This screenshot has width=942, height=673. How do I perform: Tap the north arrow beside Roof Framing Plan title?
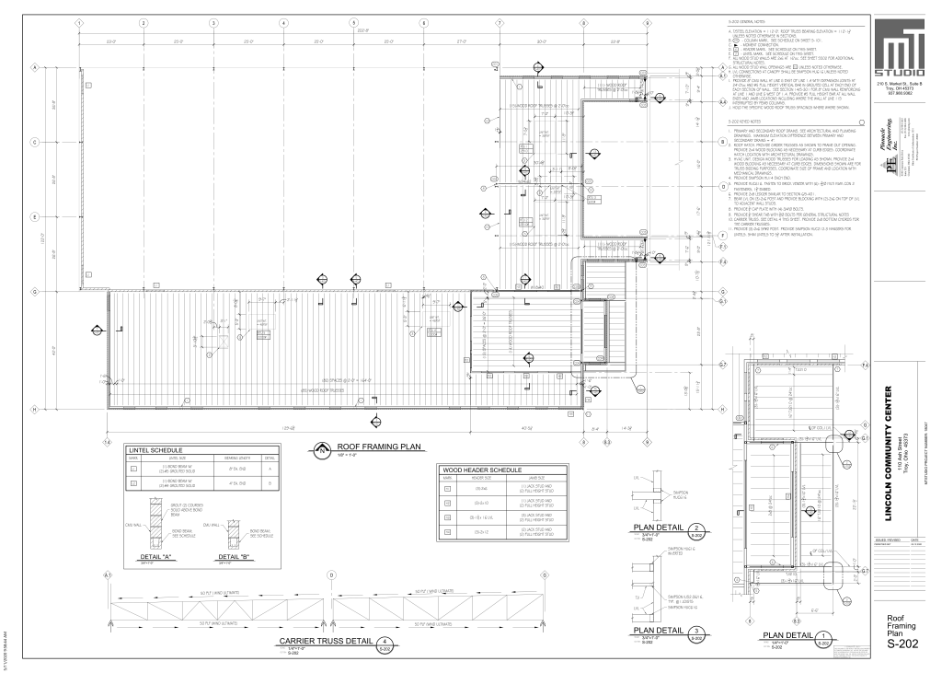point(322,451)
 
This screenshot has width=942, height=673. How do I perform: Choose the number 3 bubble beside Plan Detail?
point(699,631)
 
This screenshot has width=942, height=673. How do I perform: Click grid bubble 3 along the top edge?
point(213,22)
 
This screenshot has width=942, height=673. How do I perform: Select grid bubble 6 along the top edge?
point(423,22)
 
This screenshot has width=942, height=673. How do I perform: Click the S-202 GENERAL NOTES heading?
point(747,22)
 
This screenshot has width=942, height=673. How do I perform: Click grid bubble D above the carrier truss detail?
point(331,575)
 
